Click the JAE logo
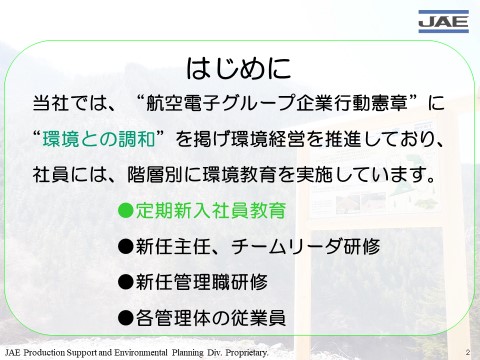pyautogui.click(x=443, y=21)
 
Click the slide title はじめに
pyautogui.click(x=239, y=68)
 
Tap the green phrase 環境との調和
pyautogui.click(x=99, y=139)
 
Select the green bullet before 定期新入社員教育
pyautogui.click(x=126, y=210)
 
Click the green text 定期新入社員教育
pyautogui.click(x=211, y=211)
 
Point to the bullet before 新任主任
pyautogui.click(x=126, y=247)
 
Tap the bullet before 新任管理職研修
pyautogui.click(x=126, y=282)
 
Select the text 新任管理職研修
pyautogui.click(x=201, y=282)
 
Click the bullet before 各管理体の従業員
pyautogui.click(x=126, y=318)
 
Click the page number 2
pyautogui.click(x=468, y=352)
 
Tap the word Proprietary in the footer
pyautogui.click(x=247, y=353)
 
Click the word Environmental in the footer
pyautogui.click(x=141, y=352)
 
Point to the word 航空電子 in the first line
pyautogui.click(x=183, y=103)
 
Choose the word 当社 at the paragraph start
pyautogui.click(x=51, y=103)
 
